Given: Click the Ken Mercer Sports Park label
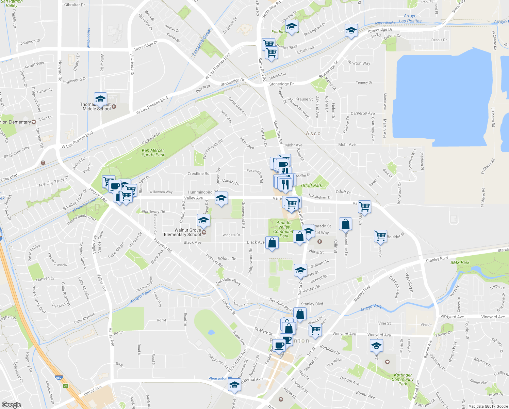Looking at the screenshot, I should point(153,152).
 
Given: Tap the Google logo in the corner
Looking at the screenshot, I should point(11,405).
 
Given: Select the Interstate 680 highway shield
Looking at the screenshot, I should point(59,378).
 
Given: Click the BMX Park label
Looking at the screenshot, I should point(460,262).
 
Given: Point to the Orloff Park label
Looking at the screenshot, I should point(311,185).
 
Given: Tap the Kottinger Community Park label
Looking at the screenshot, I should point(403,379).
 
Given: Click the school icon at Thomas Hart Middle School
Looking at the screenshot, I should point(100,99).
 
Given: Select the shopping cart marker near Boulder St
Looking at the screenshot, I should point(380,236).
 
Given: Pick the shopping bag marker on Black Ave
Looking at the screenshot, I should point(272,243).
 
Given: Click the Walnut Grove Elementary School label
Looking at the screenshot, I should point(182,232).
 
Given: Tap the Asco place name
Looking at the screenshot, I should point(313,134).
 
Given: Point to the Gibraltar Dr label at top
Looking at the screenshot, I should point(74,5).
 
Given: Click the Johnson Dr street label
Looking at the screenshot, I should point(30,42).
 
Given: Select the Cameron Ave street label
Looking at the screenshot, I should point(363,113).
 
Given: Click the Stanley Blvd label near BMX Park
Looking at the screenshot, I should point(437,259).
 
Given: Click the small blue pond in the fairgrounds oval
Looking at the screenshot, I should point(211,332).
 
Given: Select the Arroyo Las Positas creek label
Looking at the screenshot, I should point(410,18).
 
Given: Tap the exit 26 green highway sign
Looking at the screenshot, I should point(66,386).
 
